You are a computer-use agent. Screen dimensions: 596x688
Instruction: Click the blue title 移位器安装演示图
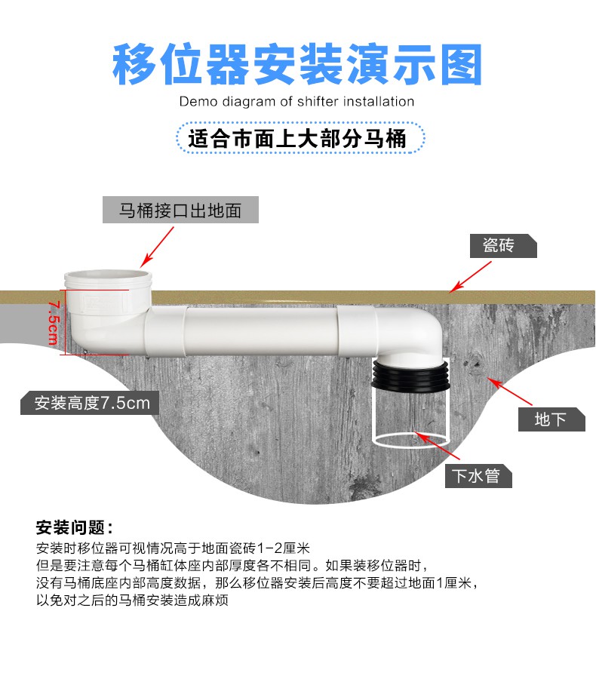pos(297,64)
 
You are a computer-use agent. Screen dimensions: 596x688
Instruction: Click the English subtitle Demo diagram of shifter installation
pos(296,101)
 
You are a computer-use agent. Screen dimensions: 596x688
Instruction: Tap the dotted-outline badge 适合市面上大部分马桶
pos(300,138)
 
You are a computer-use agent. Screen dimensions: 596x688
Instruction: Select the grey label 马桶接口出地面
pos(180,210)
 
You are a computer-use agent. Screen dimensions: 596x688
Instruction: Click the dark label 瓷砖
pos(503,246)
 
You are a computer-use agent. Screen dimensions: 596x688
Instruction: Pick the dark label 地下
pos(551,419)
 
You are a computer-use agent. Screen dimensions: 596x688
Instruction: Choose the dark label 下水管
pos(478,475)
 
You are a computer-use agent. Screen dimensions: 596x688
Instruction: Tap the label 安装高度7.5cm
pos(90,403)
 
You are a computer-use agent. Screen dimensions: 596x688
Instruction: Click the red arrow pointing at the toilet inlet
pos(157,247)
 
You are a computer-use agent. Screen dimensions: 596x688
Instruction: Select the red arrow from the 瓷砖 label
pos(471,277)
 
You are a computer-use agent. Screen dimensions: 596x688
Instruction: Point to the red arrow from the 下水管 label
pos(437,446)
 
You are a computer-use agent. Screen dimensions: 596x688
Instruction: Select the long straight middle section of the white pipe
pos(262,330)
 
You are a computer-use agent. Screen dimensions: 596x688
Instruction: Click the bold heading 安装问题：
pos(75,527)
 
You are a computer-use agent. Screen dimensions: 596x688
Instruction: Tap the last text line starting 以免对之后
pos(132,600)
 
